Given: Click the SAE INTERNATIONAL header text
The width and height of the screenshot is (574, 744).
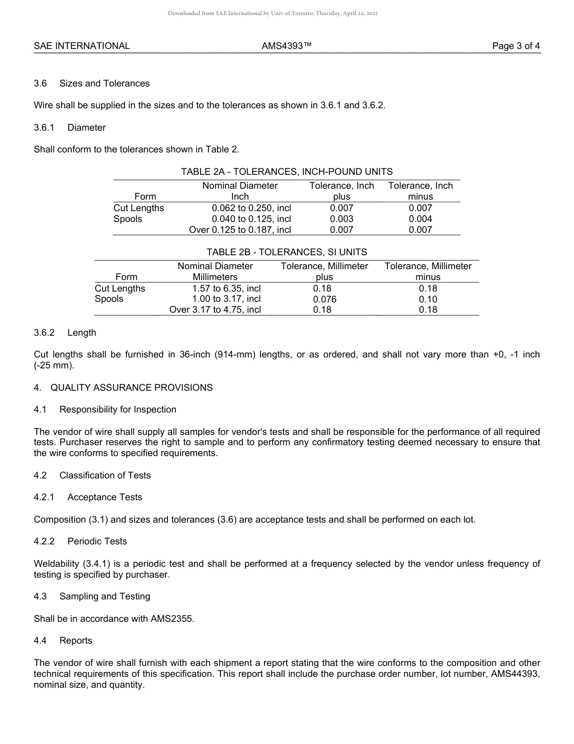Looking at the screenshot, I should pos(82,46).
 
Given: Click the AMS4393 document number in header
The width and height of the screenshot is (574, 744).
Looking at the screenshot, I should pos(286,46).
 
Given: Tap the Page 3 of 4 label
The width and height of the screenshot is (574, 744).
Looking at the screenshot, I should pos(516,46).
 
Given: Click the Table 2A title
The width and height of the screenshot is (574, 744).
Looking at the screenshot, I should pos(286,172).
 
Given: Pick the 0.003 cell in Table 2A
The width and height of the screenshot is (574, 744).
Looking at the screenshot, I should pos(341,219).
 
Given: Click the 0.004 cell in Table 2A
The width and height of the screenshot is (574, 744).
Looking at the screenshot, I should pos(420,219).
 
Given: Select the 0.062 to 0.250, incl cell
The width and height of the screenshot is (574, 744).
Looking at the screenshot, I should pos(251,208).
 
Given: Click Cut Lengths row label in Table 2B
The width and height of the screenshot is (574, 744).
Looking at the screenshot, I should pos(120,289).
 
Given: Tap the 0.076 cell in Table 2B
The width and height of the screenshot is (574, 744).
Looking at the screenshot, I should pos(324,299).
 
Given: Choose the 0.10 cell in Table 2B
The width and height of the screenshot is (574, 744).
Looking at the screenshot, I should pos(428,299).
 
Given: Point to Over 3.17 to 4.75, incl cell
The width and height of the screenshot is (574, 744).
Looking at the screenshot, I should pos(215,310).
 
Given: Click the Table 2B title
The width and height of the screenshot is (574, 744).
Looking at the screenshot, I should pos(286,252).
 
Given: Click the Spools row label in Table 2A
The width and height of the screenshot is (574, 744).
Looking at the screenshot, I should pos(127,219).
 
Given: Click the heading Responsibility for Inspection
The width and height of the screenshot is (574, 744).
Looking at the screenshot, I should pos(117,410).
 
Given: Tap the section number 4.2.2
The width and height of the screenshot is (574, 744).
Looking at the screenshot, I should pos(44,541).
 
